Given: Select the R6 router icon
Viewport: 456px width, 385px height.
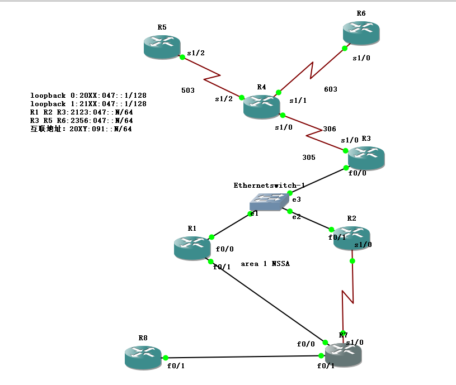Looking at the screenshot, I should point(361,32).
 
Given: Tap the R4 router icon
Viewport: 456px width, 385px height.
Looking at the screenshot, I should point(262,106).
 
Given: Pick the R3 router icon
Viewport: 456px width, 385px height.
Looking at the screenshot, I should point(366,158).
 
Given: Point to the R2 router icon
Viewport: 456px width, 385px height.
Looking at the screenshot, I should point(351,237).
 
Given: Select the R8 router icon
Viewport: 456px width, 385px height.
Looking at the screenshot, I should point(143,357).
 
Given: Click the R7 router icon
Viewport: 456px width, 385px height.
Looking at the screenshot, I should point(343,355).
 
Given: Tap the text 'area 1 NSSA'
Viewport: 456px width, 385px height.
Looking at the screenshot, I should point(265,264).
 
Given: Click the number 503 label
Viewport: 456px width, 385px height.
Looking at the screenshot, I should point(189,90).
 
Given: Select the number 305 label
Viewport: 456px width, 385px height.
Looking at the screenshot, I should point(308,158).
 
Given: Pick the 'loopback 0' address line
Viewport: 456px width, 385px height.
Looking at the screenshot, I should point(88,96).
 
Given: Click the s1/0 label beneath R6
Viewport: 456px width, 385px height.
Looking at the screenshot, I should point(361,58).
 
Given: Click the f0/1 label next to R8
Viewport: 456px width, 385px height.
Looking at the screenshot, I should point(176,367).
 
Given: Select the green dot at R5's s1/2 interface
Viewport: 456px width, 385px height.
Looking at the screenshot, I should point(182,56).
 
